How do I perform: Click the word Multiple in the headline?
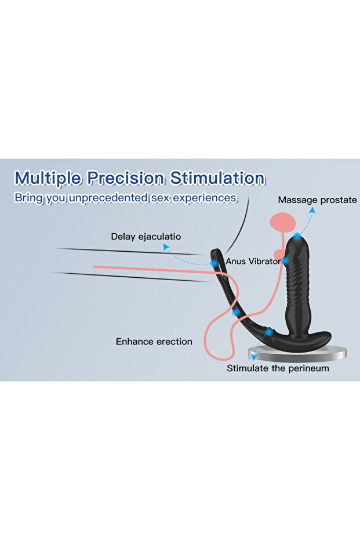click(x=49, y=177)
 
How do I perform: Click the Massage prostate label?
click(x=317, y=200)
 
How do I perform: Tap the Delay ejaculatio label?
click(x=146, y=237)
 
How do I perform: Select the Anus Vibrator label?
click(x=253, y=262)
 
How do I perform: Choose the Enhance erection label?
click(x=154, y=342)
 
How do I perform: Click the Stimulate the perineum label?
click(x=278, y=368)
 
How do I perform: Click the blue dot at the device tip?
click(x=297, y=237)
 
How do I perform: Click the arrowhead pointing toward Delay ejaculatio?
click(x=165, y=247)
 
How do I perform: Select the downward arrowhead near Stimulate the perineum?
click(x=251, y=359)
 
